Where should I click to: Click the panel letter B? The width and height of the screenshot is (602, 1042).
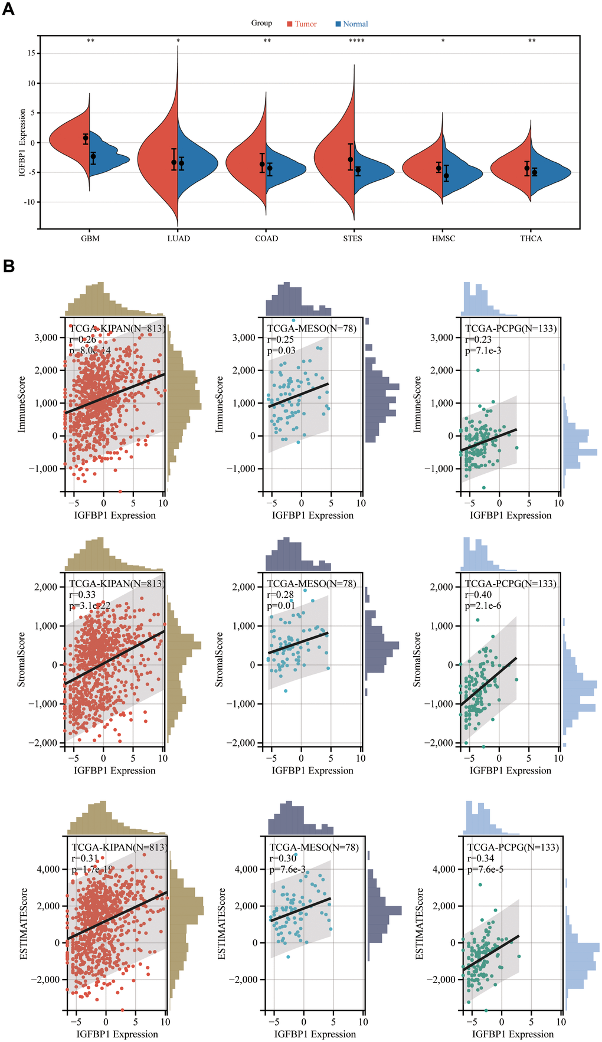click(8, 266)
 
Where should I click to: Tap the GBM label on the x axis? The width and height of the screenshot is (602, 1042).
click(90, 238)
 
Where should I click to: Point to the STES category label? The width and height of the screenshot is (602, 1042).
click(352, 238)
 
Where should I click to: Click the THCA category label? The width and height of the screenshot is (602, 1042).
click(531, 238)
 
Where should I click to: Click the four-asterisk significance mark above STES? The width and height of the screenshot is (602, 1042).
click(356, 41)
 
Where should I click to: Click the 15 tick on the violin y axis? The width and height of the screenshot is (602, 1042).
click(31, 54)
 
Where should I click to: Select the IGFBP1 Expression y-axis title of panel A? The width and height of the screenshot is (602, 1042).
click(22, 143)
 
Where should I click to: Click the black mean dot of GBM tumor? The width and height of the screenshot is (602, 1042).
click(86, 138)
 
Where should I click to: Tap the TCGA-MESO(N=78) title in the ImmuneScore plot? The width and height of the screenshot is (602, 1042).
click(312, 328)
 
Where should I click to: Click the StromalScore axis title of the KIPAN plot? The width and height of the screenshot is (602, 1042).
click(22, 659)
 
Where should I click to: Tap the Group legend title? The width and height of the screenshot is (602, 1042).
click(261, 23)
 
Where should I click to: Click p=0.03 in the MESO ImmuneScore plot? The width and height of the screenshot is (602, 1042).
click(281, 350)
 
